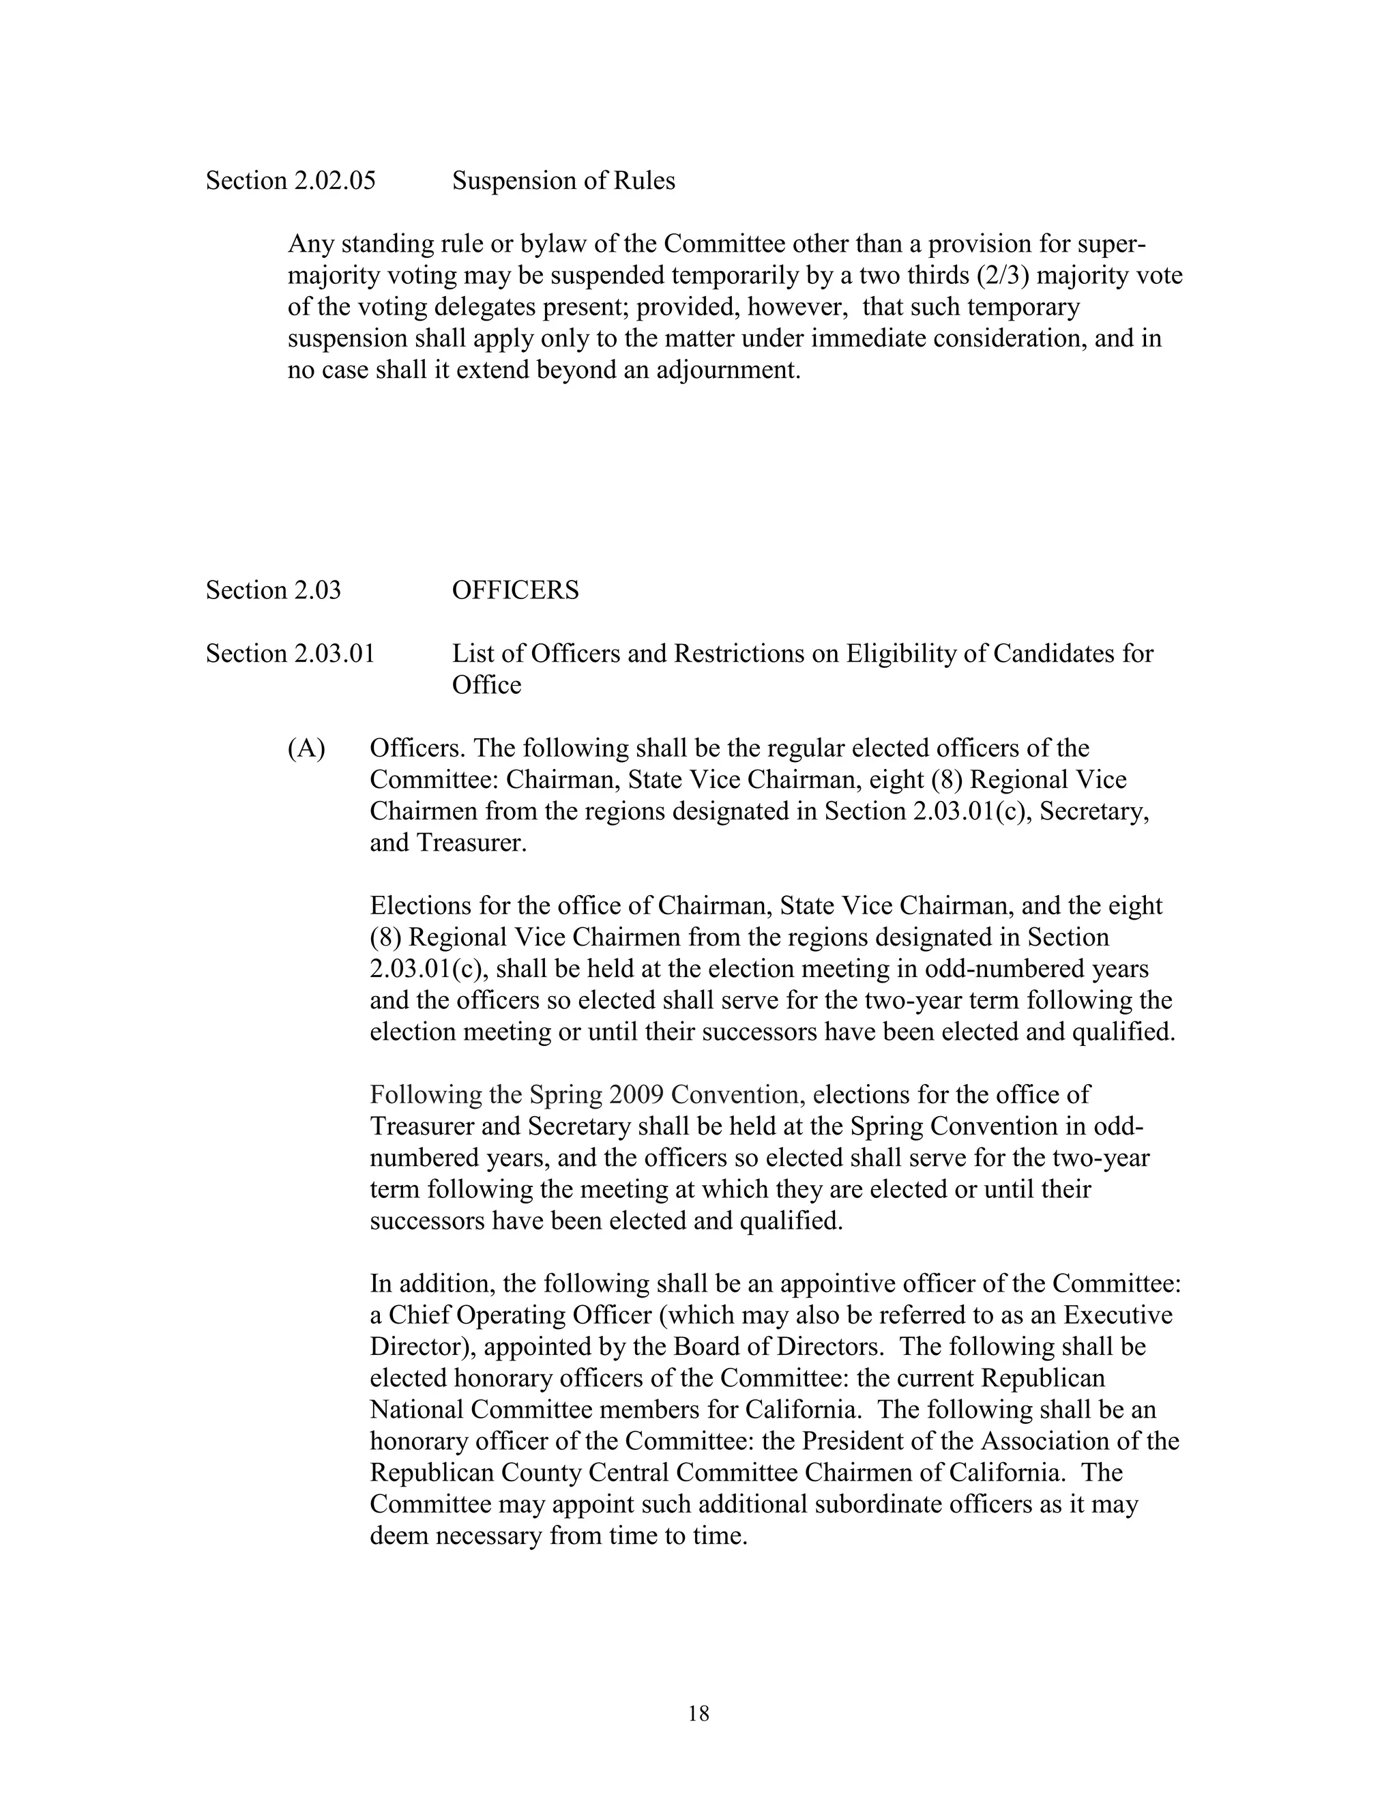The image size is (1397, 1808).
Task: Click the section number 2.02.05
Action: point(334,181)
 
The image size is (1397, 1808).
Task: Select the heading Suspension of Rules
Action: point(563,181)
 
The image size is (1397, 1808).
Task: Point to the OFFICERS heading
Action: point(515,590)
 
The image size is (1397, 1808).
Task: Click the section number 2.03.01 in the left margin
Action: point(334,654)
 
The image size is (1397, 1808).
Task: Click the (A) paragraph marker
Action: point(306,748)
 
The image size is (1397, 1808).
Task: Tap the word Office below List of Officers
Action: point(486,686)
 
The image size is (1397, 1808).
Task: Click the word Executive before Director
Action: point(1118,1315)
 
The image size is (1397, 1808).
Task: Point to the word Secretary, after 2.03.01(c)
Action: point(1094,811)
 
